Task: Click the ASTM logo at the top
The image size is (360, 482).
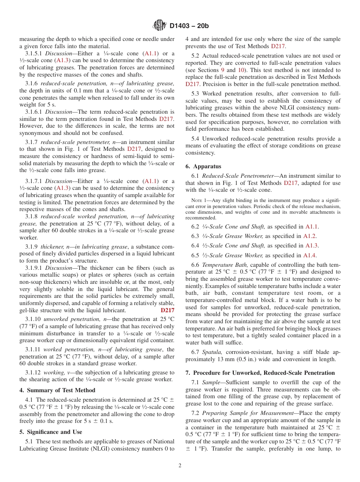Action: coord(159,25)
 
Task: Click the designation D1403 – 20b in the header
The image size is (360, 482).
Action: coord(189,26)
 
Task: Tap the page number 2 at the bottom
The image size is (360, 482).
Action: coord(180,466)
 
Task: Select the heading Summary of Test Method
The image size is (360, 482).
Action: coord(60,390)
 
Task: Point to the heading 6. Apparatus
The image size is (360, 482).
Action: coord(203,166)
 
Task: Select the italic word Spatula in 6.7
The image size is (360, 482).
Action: coord(211,352)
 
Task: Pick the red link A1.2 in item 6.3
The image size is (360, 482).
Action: coord(310,236)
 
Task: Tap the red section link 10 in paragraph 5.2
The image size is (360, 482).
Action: coord(241,70)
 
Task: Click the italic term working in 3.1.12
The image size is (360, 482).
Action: coord(53,372)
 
